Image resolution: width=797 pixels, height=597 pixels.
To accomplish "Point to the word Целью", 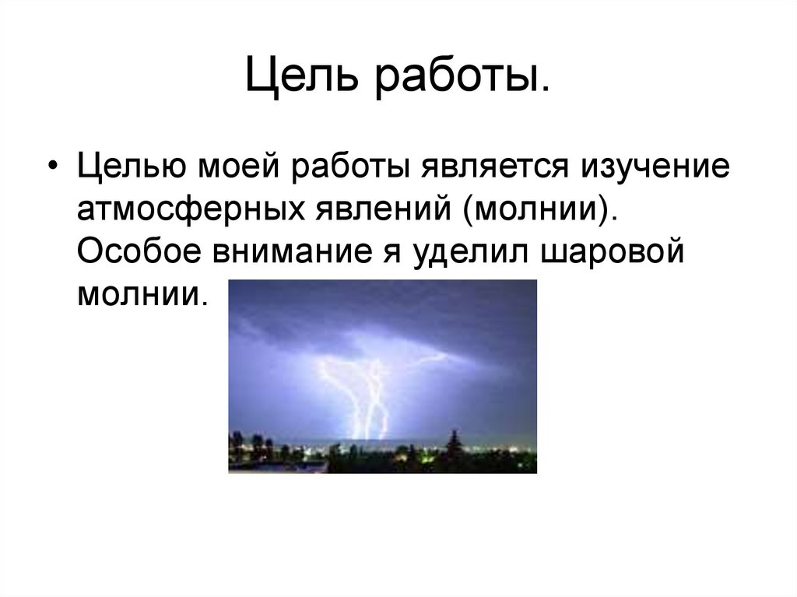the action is pos(131,167).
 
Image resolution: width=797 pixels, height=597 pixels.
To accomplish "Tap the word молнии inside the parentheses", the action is pos(535,209).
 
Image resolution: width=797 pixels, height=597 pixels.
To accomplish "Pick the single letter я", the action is pos(392,252).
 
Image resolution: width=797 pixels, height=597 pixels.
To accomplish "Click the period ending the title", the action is pos(546,90).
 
